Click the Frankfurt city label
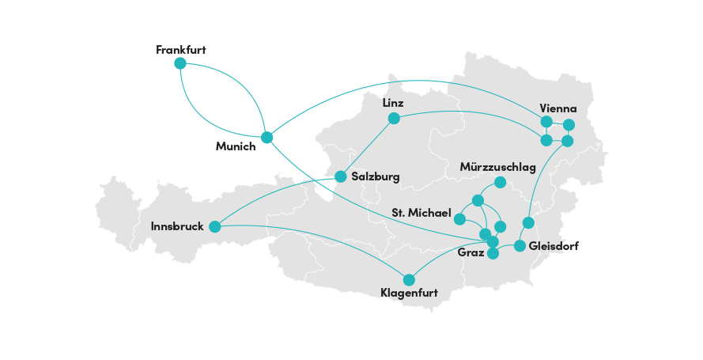pos(181,49)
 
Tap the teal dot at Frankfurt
pos(180,63)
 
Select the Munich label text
pos(236,146)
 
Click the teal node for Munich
pos(266,137)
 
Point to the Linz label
pos(392,104)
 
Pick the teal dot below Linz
pos(393,119)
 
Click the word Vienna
pos(557,108)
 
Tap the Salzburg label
pos(376,176)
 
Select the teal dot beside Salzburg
pos(340,176)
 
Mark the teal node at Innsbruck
pos(214,227)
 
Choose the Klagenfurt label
pos(409,294)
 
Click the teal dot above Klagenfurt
pos(409,279)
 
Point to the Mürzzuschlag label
pos(498,168)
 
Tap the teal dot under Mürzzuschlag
pos(500,182)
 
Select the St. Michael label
pos(421,214)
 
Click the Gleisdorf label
pos(553,246)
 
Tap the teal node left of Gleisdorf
pos(520,246)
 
